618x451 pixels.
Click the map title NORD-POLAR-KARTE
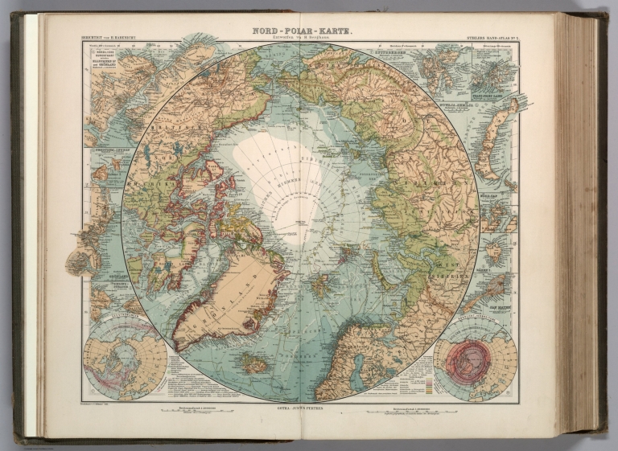(299, 27)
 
